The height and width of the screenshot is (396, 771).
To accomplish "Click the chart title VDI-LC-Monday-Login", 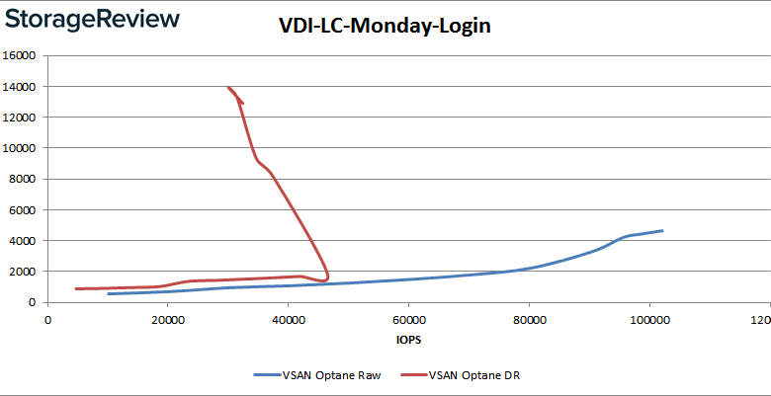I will tap(384, 27).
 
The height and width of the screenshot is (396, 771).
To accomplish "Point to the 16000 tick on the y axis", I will tap(21, 56).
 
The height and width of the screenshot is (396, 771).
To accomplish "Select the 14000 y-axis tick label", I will tap(21, 87).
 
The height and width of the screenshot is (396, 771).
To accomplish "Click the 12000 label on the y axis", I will tap(21, 118).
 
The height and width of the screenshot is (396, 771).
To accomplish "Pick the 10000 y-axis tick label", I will tap(21, 148).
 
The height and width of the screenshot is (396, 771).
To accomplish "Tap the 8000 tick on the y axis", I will tap(24, 179).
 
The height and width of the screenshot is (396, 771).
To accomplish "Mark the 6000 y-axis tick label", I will tap(24, 209).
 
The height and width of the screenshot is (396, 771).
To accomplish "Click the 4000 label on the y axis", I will tap(24, 240).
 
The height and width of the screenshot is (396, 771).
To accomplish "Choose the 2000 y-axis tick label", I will tap(24, 271).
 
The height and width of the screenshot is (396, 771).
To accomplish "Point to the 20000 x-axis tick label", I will tap(167, 319).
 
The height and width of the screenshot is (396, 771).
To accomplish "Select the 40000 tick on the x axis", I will tap(288, 319).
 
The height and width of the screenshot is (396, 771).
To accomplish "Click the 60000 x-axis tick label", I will tap(408, 319).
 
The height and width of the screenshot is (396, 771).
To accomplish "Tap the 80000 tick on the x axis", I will tap(529, 319).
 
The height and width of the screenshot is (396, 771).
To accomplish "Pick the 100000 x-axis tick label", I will tap(648, 319).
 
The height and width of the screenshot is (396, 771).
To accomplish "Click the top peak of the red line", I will tap(228, 87).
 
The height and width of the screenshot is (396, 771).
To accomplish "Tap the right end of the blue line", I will tap(662, 230).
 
